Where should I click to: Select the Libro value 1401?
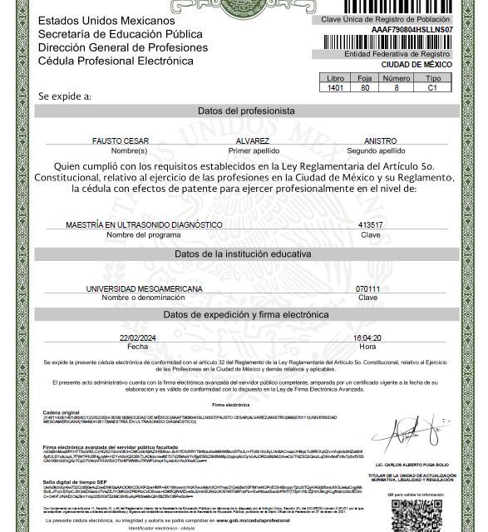click(x=336, y=86)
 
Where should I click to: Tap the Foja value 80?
click(x=365, y=86)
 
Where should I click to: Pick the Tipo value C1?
click(x=432, y=86)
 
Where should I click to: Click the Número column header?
click(x=396, y=77)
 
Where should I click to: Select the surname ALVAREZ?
click(x=253, y=141)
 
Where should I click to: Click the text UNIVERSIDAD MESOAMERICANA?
click(x=145, y=288)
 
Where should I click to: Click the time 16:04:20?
click(x=367, y=337)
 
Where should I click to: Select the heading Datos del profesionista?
click(x=246, y=111)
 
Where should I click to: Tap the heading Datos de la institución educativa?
click(x=246, y=254)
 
